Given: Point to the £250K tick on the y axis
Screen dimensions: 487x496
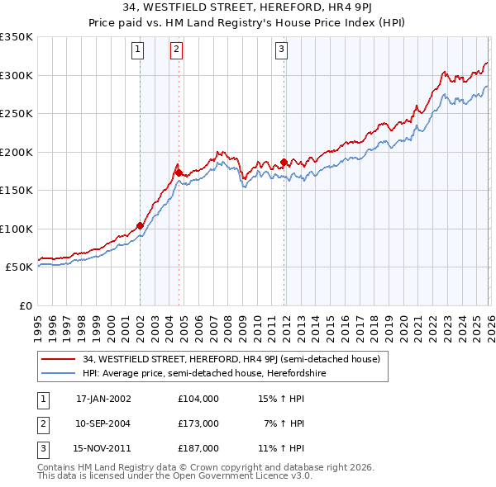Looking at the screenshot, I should coord(17,114).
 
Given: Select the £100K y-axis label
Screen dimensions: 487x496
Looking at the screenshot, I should coord(17,229).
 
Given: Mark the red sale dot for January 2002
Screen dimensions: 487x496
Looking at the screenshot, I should coord(140,225).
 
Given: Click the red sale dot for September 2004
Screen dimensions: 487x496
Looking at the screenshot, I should coord(179,173).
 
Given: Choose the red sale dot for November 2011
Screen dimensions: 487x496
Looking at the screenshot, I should coord(284,162).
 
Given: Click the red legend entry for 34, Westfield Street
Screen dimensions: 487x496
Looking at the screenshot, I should coord(231,359).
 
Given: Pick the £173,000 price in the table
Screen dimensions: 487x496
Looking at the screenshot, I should coord(198,423).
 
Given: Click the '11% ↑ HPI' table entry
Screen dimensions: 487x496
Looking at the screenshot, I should coord(281,447).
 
